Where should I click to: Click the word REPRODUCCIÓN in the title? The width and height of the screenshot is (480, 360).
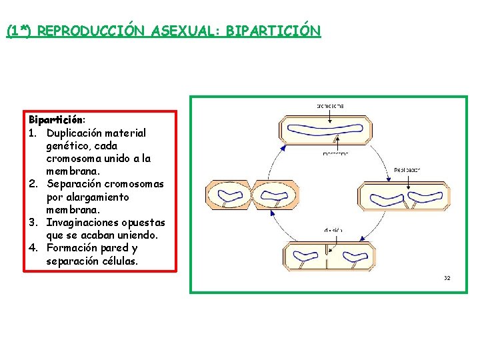coord(93,31)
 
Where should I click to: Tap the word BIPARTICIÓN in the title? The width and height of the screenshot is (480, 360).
coord(273,31)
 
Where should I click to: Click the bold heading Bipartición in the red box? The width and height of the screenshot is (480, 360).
coord(56,120)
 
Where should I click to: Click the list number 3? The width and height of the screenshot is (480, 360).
coord(33,222)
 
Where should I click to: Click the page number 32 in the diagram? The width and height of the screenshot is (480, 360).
coord(447,277)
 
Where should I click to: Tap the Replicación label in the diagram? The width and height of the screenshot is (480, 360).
coord(407,169)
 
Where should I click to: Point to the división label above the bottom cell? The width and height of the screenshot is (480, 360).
coord(333,230)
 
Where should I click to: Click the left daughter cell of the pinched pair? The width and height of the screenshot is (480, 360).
coord(227,195)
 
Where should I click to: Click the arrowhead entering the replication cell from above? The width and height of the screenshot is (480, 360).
coord(392,178)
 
